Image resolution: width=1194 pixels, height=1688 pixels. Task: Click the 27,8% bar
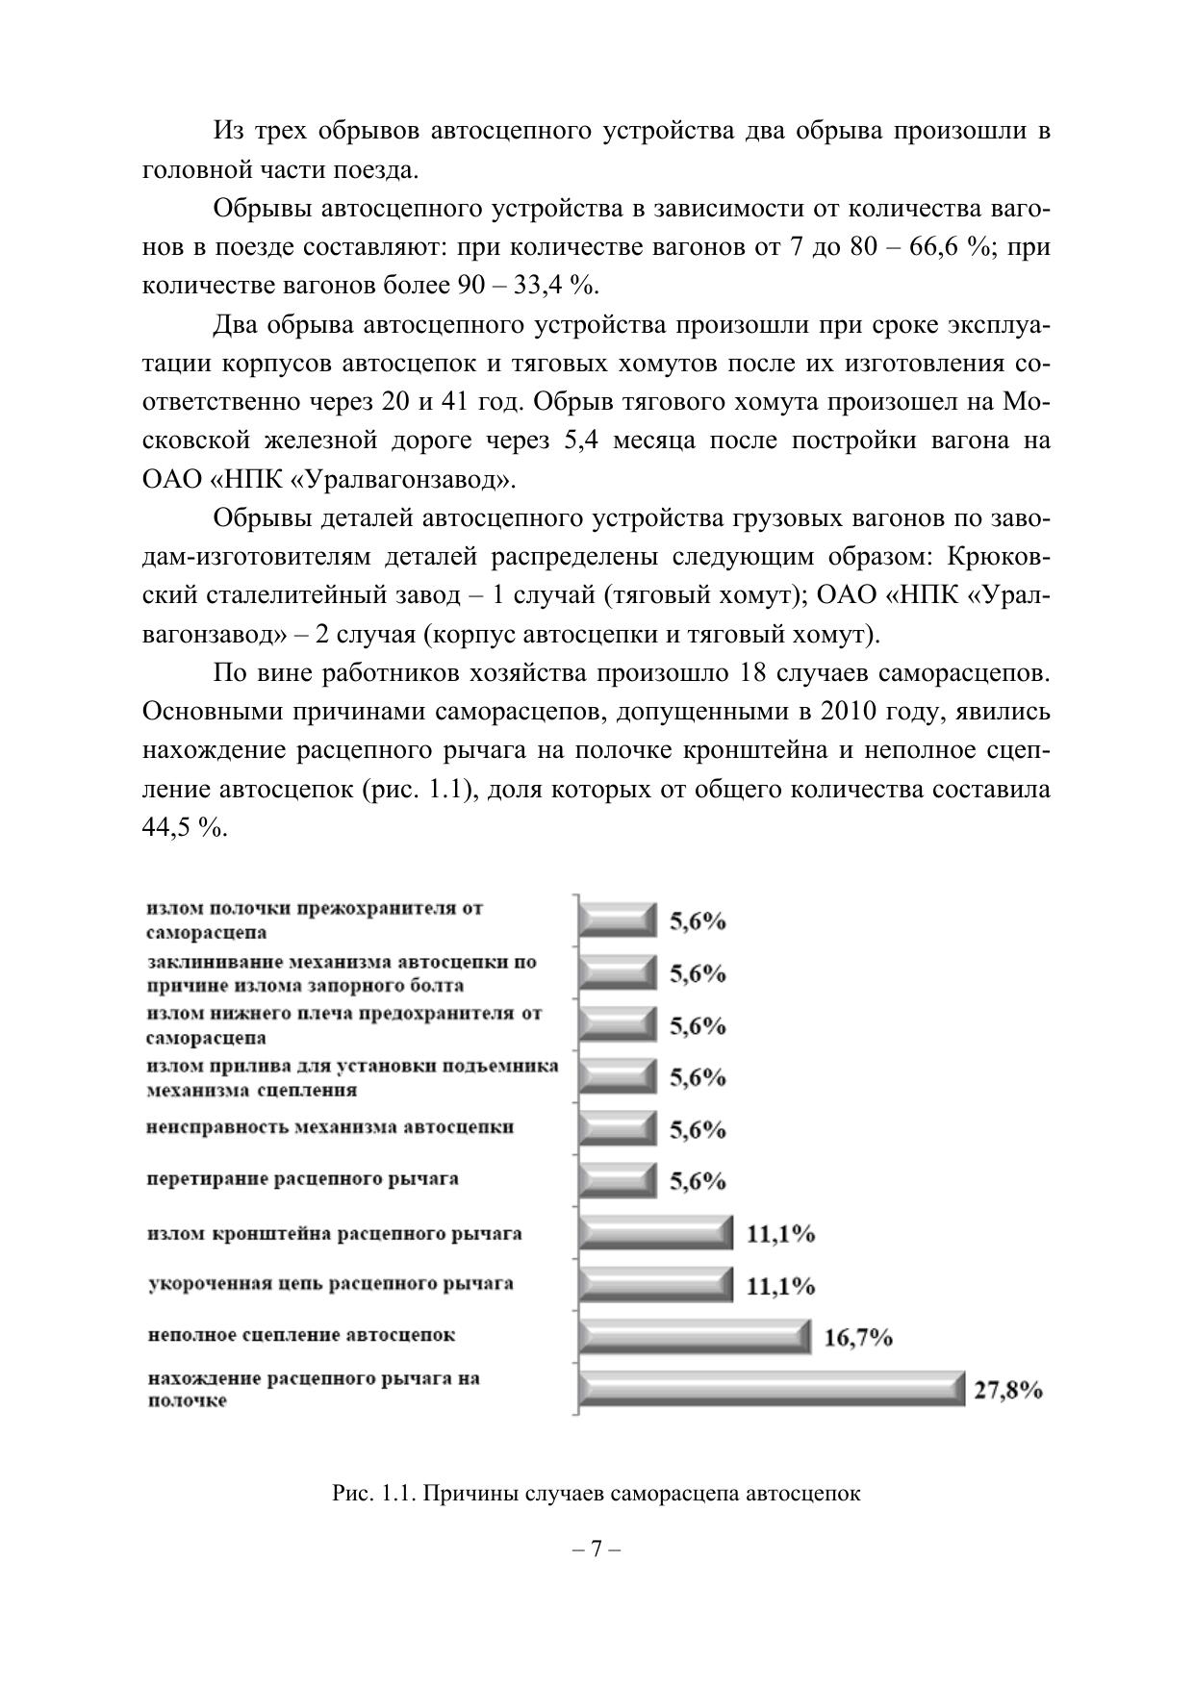click(x=771, y=1389)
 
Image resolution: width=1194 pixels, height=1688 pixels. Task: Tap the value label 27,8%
click(x=1008, y=1390)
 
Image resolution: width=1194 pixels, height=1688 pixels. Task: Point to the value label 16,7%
click(x=858, y=1338)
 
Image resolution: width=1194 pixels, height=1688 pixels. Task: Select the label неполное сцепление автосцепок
click(x=301, y=1335)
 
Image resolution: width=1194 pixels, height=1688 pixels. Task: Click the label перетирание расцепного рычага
click(x=302, y=1178)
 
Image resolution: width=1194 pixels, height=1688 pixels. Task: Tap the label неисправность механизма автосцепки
click(x=330, y=1126)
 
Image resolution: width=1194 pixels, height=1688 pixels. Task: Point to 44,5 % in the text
click(x=184, y=828)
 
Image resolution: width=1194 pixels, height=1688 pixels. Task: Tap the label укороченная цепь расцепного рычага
click(x=330, y=1283)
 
